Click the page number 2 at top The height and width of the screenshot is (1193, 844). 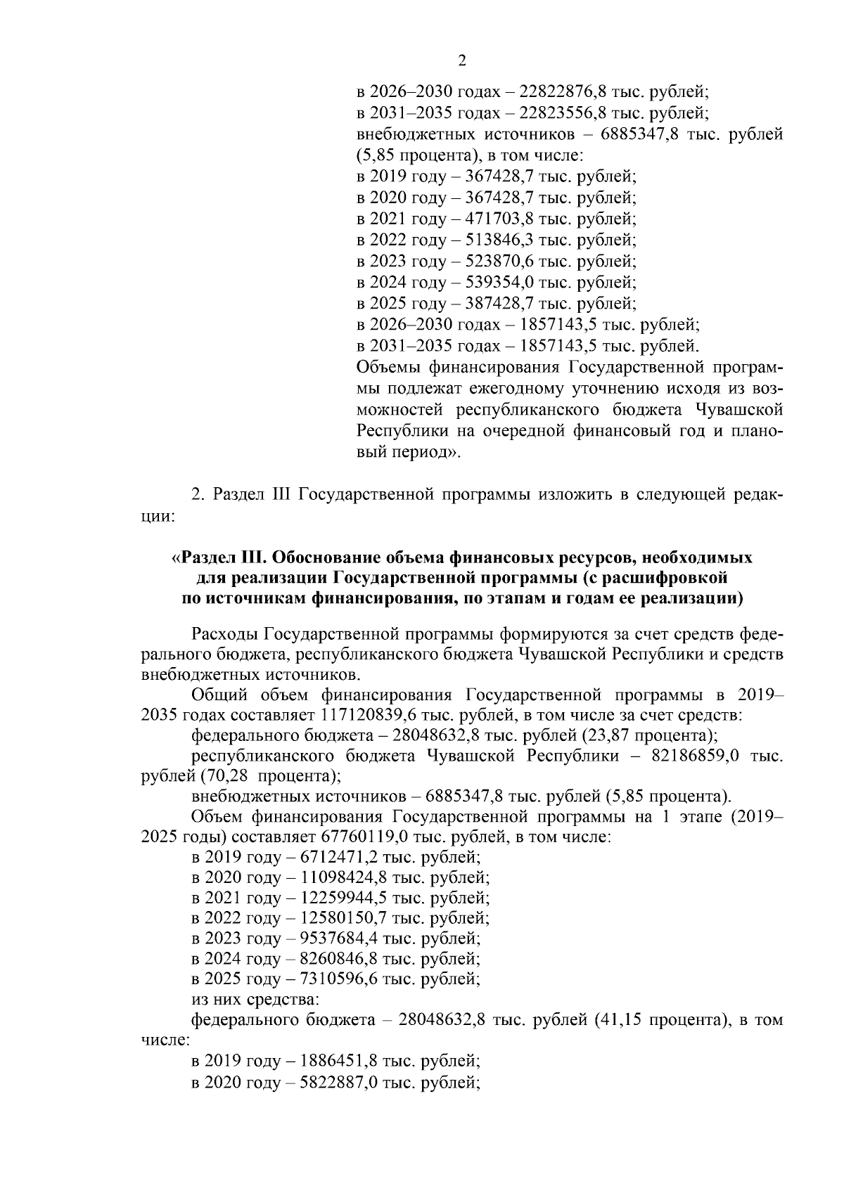coord(462,60)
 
